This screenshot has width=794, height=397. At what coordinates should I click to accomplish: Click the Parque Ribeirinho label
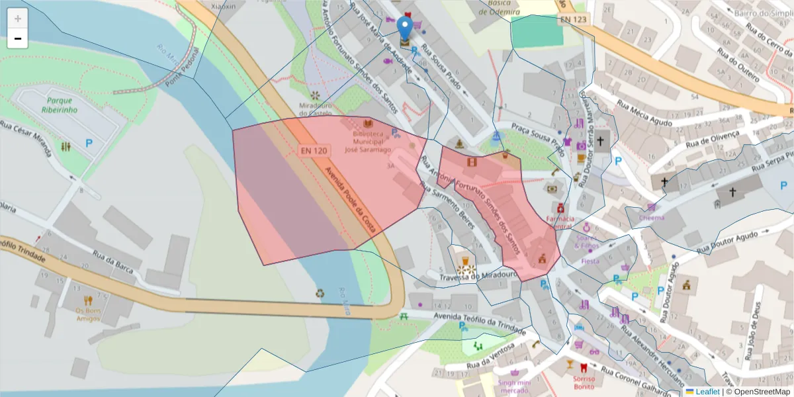pyautogui.click(x=58, y=105)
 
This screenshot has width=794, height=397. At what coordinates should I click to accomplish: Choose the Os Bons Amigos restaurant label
pyautogui.click(x=87, y=314)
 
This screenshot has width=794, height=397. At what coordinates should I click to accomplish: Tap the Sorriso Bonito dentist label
pyautogui.click(x=584, y=382)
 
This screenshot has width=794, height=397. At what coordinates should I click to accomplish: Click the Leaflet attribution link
pyautogui.click(x=707, y=392)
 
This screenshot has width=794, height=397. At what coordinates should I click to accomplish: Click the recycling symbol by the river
pyautogui.click(x=320, y=292)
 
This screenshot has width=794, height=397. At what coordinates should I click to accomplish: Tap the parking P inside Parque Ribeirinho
pyautogui.click(x=89, y=143)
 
